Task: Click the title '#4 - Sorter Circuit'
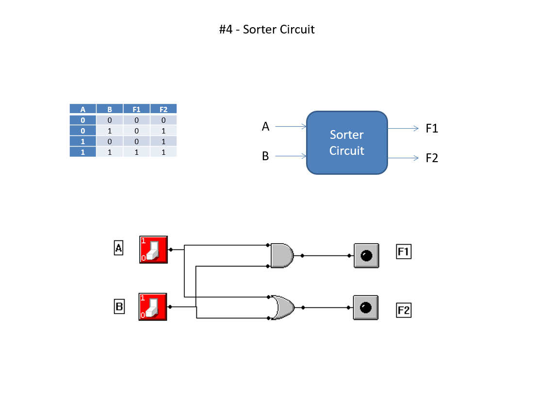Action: click(267, 30)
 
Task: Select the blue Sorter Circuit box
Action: click(347, 143)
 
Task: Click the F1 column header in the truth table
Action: click(136, 109)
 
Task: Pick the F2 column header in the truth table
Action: click(163, 109)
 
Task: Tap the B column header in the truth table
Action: click(110, 109)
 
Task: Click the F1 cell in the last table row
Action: click(136, 152)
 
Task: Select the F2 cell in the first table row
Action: click(163, 120)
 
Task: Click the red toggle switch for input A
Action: click(153, 250)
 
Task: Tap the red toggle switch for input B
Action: click(153, 307)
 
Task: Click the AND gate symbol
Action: click(282, 255)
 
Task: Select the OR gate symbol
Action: click(282, 307)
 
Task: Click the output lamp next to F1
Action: click(366, 255)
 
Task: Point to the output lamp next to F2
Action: click(366, 307)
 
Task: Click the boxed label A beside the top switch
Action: click(118, 248)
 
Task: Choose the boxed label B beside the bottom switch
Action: click(119, 307)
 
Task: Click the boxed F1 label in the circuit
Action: click(404, 251)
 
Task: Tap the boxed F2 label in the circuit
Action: click(404, 310)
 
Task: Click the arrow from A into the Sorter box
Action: click(291, 127)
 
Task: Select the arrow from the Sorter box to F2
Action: click(403, 158)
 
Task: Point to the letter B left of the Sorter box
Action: click(265, 157)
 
